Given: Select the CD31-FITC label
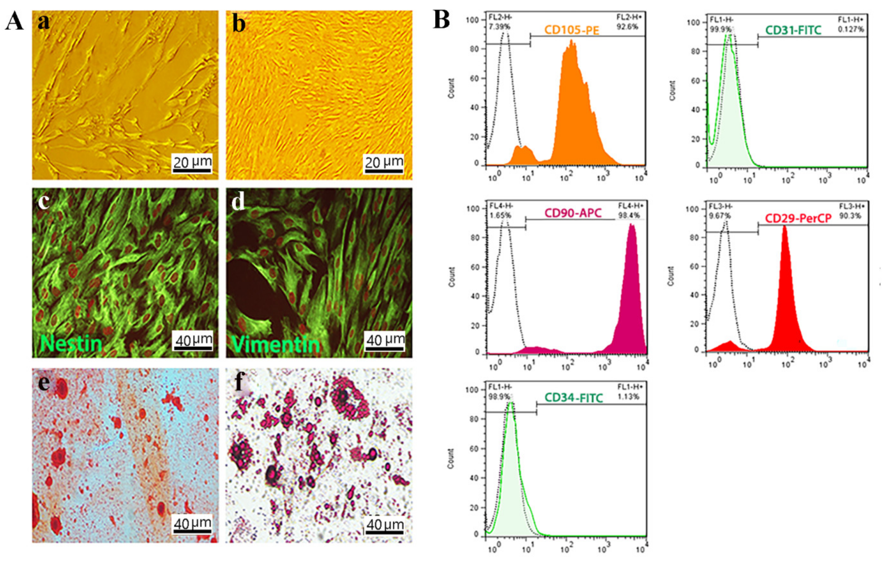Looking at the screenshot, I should tap(793, 30).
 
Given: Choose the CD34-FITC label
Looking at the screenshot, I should tap(573, 398).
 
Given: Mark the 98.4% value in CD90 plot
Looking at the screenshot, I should tap(629, 215).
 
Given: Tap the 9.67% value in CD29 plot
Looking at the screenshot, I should tap(720, 215).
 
